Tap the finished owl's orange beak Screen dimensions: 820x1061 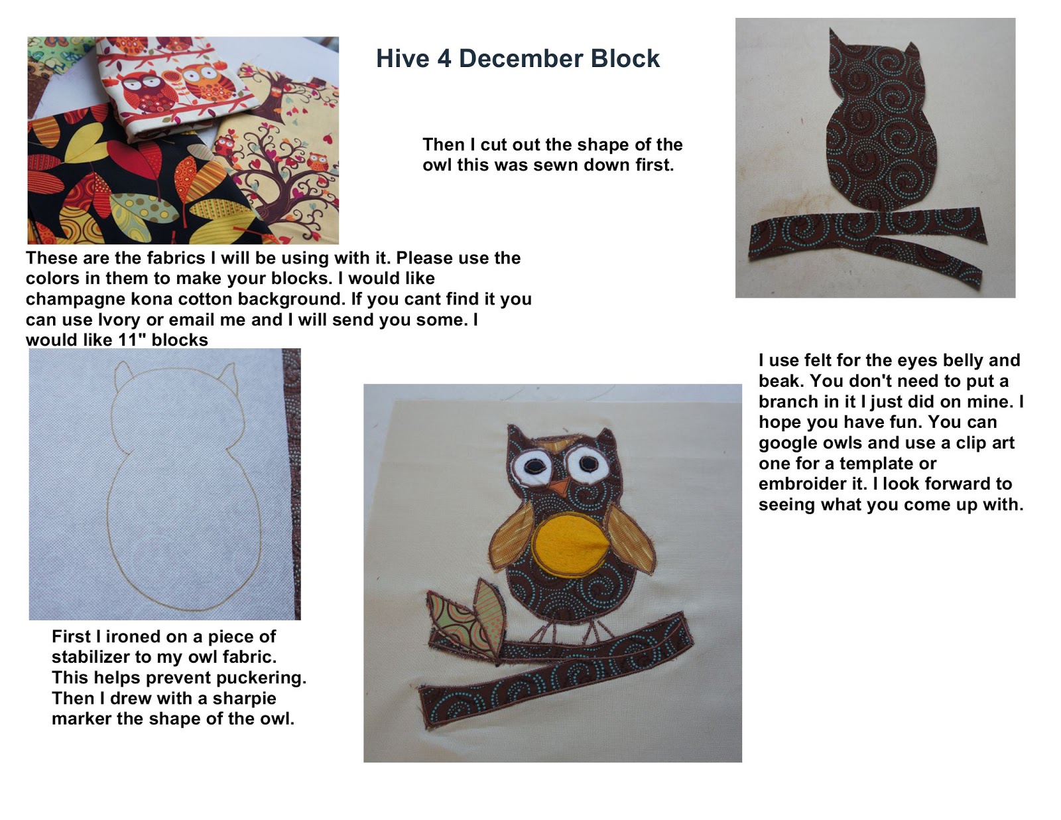pos(561,488)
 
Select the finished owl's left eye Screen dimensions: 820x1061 pos(532,466)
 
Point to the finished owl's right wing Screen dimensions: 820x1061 pos(631,539)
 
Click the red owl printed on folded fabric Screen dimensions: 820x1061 pos(145,91)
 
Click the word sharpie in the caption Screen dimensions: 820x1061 pos(244,699)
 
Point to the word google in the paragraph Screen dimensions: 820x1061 pos(787,443)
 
